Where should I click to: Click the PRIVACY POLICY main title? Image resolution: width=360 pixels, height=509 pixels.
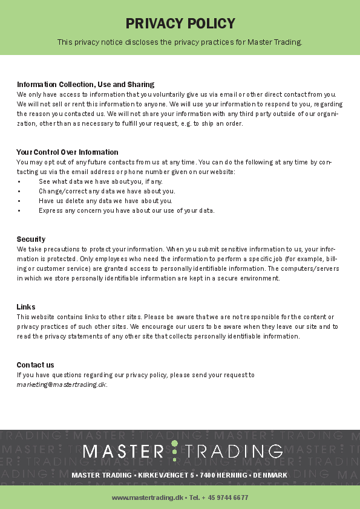click(180, 24)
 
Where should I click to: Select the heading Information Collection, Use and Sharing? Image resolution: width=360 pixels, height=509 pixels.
click(85, 84)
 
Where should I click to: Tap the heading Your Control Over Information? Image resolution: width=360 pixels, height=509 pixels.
click(67, 152)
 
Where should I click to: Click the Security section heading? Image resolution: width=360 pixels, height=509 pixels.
click(31, 239)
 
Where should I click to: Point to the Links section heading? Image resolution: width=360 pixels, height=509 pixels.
click(26, 306)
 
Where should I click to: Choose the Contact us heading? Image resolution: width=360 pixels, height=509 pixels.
click(35, 365)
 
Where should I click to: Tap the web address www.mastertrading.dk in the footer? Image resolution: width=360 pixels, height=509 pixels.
click(146, 498)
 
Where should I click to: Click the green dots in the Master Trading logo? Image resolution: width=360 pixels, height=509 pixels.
click(174, 450)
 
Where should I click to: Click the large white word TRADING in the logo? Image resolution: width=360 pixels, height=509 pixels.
click(233, 451)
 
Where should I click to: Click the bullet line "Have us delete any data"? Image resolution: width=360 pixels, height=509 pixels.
click(105, 201)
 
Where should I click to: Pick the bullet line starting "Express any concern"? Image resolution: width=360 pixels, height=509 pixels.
click(126, 210)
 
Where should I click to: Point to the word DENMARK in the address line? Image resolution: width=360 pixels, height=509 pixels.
click(270, 475)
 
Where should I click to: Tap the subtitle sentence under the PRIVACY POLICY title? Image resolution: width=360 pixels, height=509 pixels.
click(180, 42)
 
